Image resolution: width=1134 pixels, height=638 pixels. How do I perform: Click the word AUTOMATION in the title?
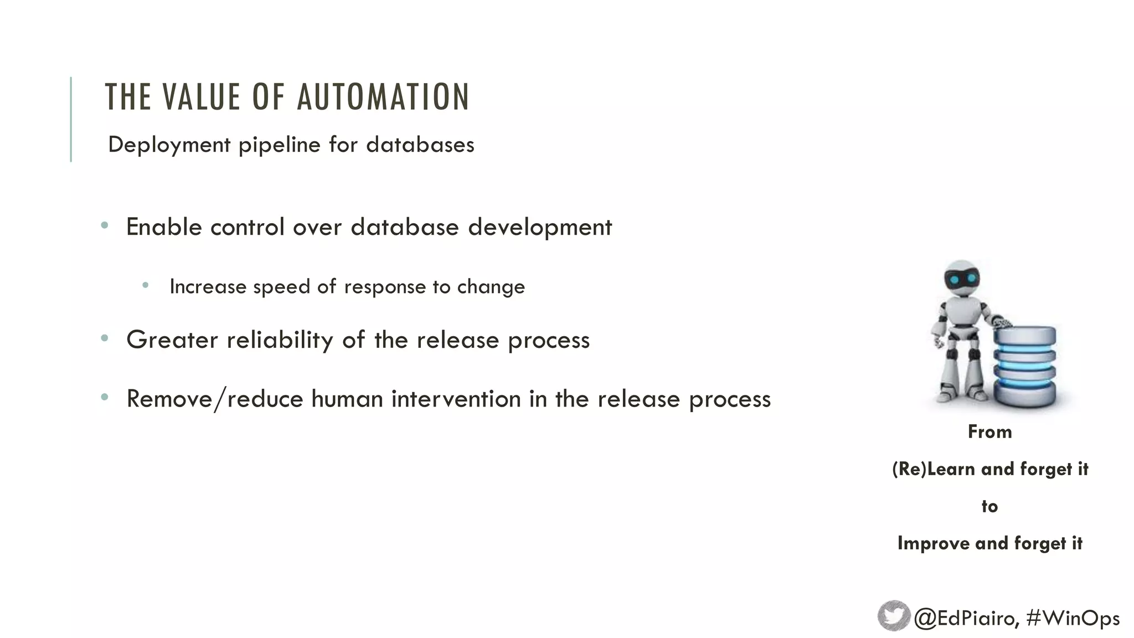[383, 97]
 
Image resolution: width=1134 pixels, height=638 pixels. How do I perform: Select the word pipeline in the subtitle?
[280, 145]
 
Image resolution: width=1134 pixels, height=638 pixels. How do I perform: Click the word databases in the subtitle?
[420, 145]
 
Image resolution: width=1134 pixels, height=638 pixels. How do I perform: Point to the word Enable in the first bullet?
[164, 227]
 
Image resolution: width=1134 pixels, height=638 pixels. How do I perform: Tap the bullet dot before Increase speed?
[146, 286]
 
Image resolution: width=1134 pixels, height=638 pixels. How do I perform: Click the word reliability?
[280, 340]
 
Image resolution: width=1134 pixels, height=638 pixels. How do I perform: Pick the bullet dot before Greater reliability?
[105, 338]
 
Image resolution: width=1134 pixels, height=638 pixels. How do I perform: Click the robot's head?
[962, 279]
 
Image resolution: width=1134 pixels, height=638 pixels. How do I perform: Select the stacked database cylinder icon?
[1024, 366]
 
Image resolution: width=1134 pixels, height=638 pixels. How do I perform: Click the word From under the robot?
[989, 432]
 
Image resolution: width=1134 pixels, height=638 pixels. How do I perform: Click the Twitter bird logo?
[894, 616]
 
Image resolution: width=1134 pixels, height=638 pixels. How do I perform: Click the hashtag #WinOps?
[1073, 618]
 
